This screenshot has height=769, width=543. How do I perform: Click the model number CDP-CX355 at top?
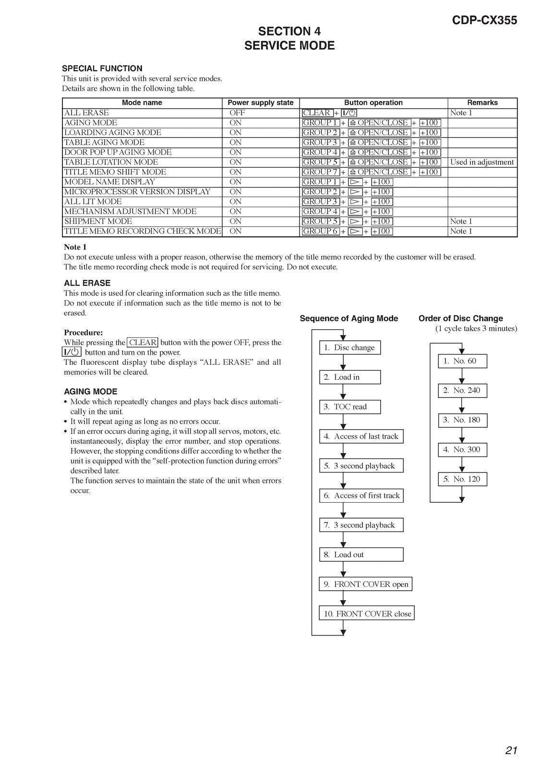click(484, 20)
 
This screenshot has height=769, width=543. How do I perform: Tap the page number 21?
click(511, 750)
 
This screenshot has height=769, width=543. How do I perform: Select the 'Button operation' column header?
click(373, 102)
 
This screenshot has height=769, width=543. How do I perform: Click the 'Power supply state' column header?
click(260, 102)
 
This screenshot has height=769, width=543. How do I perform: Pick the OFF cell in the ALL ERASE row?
click(237, 113)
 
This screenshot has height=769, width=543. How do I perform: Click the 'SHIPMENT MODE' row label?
click(98, 221)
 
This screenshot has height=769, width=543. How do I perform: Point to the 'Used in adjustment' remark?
click(482, 162)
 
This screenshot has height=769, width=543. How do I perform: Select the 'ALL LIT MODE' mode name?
click(93, 201)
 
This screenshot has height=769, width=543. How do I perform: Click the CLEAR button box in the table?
click(317, 113)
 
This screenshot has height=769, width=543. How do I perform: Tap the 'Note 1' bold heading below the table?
click(75, 247)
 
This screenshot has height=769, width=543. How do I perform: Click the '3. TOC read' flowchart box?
click(350, 407)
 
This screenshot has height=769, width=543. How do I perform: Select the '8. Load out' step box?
click(361, 555)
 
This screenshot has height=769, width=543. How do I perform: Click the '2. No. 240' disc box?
click(462, 390)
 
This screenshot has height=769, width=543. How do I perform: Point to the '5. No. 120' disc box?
click(462, 479)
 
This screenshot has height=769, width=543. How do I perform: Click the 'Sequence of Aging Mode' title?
click(349, 318)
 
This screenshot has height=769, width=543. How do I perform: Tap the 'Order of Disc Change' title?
click(460, 318)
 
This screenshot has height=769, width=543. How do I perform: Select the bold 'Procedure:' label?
click(83, 333)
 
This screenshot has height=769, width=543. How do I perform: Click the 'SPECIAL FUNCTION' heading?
click(102, 68)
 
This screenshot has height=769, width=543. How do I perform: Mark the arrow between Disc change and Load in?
click(343, 362)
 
